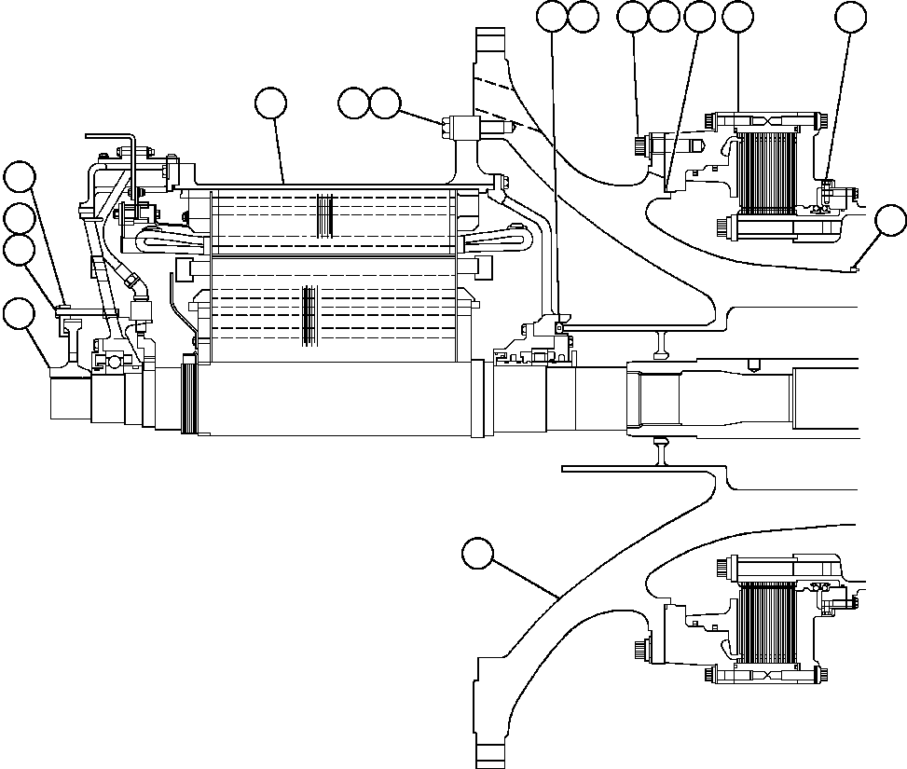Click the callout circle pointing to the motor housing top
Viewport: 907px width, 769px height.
[271, 103]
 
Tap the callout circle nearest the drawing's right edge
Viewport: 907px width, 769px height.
[891, 220]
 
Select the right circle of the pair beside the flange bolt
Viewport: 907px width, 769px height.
[385, 103]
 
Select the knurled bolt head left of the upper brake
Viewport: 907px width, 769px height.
[639, 145]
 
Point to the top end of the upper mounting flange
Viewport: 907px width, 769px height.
[494, 37]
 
